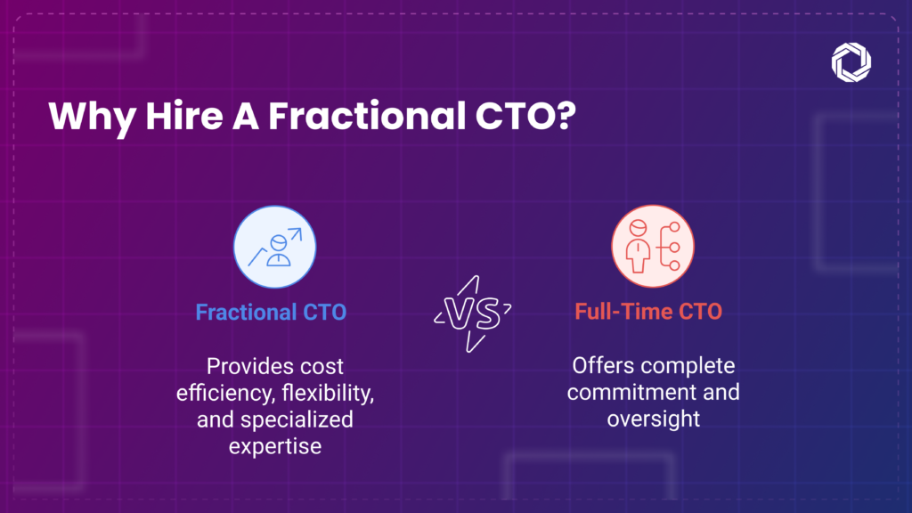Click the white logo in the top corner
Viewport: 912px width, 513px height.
851,61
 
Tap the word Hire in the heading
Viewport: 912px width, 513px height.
184,116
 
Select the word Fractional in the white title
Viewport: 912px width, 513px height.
367,116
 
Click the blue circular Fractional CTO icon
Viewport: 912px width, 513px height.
274,247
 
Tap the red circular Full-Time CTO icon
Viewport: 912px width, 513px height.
653,246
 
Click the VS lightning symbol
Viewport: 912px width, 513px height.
472,313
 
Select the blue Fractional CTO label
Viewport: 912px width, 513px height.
271,313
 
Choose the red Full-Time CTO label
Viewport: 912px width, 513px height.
648,311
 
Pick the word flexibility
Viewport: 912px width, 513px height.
329,393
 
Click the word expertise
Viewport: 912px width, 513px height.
275,447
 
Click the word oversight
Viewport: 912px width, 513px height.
654,419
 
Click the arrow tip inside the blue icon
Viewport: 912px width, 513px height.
301,230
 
